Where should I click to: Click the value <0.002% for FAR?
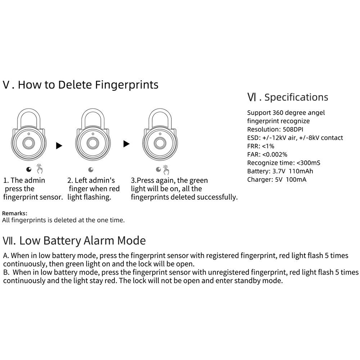point(275,154)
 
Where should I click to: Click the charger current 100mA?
point(296,179)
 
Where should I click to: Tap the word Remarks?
point(14,213)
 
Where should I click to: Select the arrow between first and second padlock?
point(59,145)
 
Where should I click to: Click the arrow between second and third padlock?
point(126,144)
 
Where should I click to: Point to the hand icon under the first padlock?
point(39,169)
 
